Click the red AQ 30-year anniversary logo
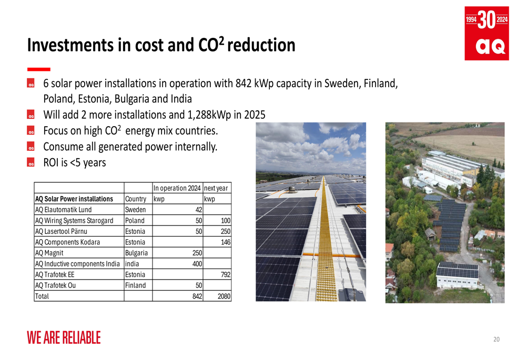487,33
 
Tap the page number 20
497,339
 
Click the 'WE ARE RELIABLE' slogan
64,337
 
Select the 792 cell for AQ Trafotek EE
226,274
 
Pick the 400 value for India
197,264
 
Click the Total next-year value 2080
224,296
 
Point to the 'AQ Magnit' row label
49,253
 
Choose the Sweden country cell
135,210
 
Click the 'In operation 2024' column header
177,188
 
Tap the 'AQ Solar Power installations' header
74,199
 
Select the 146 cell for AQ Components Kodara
226,242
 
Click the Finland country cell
135,285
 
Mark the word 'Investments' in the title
70,45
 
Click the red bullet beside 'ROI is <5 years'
31,162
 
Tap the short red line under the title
39,69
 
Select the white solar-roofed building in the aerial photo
457,275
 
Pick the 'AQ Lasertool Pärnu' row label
61,231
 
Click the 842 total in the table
197,296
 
